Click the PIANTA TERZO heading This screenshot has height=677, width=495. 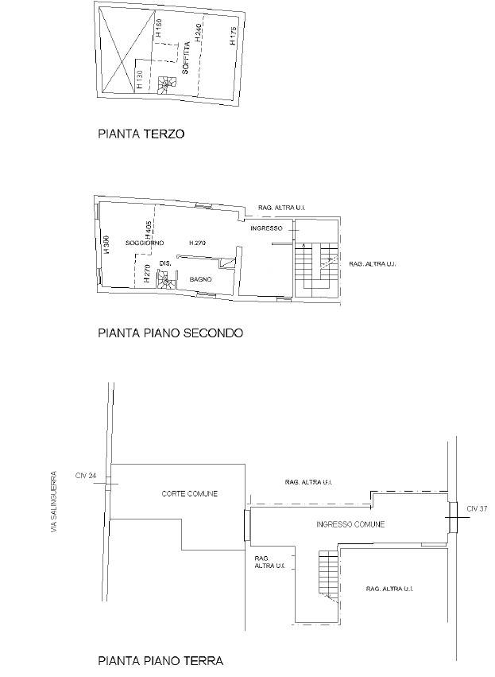pyautogui.click(x=141, y=134)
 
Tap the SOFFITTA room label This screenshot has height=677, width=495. pyautogui.click(x=185, y=61)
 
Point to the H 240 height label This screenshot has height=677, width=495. pyautogui.click(x=198, y=33)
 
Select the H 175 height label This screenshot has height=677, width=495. pyautogui.click(x=233, y=37)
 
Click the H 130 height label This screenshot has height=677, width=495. pyautogui.click(x=140, y=80)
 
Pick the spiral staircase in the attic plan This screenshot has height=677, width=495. pyautogui.click(x=166, y=84)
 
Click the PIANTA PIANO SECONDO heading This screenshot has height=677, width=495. pyautogui.click(x=170, y=333)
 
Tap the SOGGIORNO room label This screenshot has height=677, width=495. pyautogui.click(x=145, y=243)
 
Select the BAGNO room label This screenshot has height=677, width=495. pyautogui.click(x=199, y=279)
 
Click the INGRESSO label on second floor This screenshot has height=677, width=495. pyautogui.click(x=266, y=229)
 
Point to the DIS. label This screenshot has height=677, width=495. pyautogui.click(x=165, y=263)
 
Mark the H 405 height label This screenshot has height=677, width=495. pyautogui.click(x=149, y=231)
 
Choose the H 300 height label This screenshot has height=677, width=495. pyautogui.click(x=106, y=243)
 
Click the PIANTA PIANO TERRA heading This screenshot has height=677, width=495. pyautogui.click(x=160, y=660)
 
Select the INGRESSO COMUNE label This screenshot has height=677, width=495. pyautogui.click(x=350, y=524)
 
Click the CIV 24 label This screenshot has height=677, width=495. pyautogui.click(x=86, y=476)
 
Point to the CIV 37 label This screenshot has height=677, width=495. pyautogui.click(x=477, y=508)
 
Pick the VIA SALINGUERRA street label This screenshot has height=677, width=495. pyautogui.click(x=54, y=502)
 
